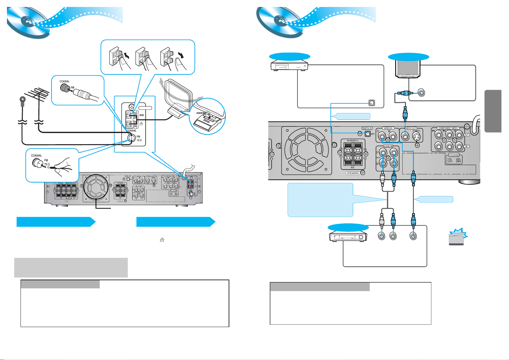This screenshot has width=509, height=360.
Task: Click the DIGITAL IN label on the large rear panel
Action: point(367,128)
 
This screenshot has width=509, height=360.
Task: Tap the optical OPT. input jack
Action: point(368,134)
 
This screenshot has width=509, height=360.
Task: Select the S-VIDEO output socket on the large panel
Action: point(417,137)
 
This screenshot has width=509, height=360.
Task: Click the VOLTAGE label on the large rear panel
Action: point(454,155)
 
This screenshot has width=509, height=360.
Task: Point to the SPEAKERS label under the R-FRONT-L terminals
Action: point(353,173)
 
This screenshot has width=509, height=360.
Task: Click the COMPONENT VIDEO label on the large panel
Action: point(448,128)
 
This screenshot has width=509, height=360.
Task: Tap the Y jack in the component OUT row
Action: point(459,135)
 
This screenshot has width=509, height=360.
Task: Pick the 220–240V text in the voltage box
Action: point(459,160)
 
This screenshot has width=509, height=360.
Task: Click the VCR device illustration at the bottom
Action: point(348,236)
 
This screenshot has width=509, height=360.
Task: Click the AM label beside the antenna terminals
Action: point(141,115)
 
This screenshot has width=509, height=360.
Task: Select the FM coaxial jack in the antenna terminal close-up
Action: point(131,138)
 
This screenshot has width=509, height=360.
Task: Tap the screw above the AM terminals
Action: point(132,107)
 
